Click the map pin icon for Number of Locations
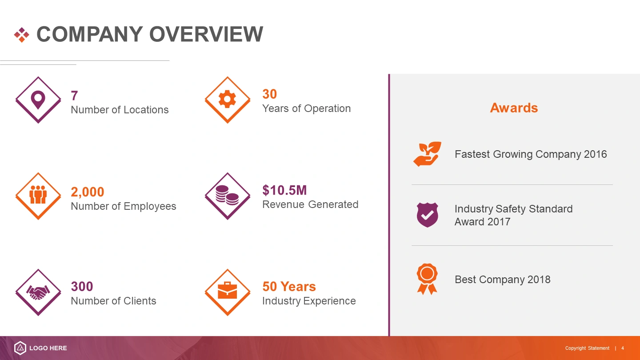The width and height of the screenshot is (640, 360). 38,100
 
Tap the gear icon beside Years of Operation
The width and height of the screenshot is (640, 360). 227,99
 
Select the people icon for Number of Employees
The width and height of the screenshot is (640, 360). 38,195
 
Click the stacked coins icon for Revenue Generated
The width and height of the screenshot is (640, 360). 227,195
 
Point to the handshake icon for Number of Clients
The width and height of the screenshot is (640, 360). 38,292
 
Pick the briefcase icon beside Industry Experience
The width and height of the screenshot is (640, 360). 227,290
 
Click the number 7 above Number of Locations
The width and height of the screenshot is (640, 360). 74,96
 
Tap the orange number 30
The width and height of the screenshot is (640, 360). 269,94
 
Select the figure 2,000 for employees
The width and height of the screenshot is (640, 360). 88,192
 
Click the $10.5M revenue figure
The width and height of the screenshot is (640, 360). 284,190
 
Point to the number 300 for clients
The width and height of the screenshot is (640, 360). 82,287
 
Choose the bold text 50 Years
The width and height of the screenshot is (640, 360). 289,287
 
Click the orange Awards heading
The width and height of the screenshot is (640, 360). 514,108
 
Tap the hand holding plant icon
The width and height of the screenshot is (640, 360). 427,154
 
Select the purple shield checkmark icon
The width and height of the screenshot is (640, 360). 427,215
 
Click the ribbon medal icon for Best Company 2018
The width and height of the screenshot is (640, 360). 427,279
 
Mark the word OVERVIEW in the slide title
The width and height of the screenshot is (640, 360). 206,34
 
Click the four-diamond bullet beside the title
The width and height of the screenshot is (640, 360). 22,35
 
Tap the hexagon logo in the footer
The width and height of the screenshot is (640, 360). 20,348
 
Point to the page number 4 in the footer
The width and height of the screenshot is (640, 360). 623,348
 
